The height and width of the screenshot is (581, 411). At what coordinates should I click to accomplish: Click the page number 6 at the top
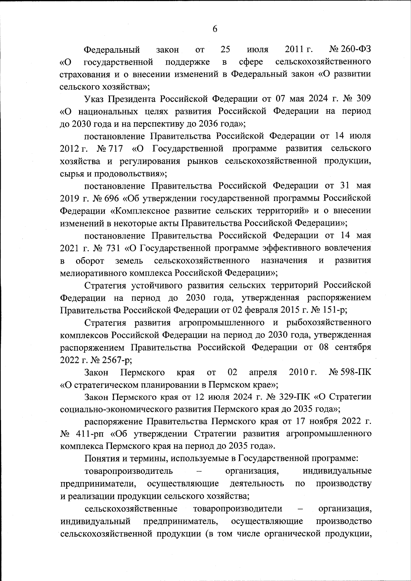(x=215, y=29)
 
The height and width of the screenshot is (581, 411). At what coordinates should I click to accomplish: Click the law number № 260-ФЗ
(x=350, y=50)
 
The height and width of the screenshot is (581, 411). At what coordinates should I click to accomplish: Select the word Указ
(x=95, y=99)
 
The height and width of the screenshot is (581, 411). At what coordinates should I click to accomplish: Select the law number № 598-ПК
(x=350, y=372)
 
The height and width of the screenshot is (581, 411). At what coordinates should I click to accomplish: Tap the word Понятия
(x=100, y=459)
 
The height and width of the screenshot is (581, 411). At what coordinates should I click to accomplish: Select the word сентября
(x=353, y=347)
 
